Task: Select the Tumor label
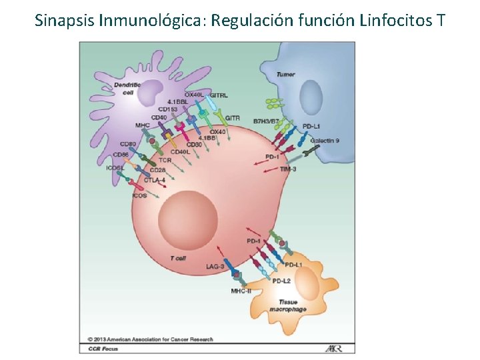tap(285, 75)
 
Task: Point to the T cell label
tap(178, 257)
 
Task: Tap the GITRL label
tap(219, 96)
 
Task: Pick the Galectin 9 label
tap(325, 141)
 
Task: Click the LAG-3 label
tap(215, 267)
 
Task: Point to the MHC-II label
tap(241, 291)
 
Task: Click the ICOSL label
tap(114, 168)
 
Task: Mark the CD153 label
tap(168, 109)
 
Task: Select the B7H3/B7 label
tap(265, 121)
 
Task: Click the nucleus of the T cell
tap(187, 217)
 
